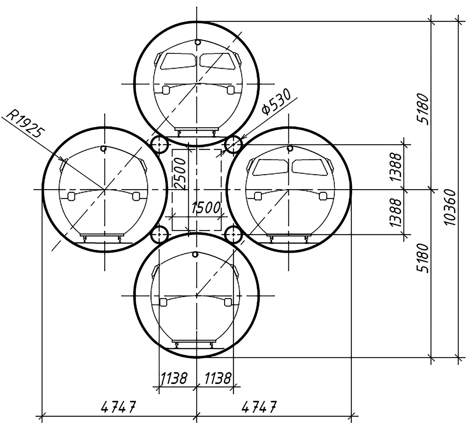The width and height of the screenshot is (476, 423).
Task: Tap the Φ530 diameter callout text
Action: (x=276, y=102)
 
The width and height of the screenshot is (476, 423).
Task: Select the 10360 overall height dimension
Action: (x=450, y=207)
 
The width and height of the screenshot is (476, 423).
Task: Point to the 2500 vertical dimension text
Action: (x=181, y=174)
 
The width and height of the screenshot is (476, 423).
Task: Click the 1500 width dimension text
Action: (x=206, y=207)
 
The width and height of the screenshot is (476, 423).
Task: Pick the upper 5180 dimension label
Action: (x=423, y=109)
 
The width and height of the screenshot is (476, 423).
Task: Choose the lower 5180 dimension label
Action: (x=423, y=258)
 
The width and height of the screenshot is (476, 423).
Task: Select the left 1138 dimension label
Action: (x=174, y=378)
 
